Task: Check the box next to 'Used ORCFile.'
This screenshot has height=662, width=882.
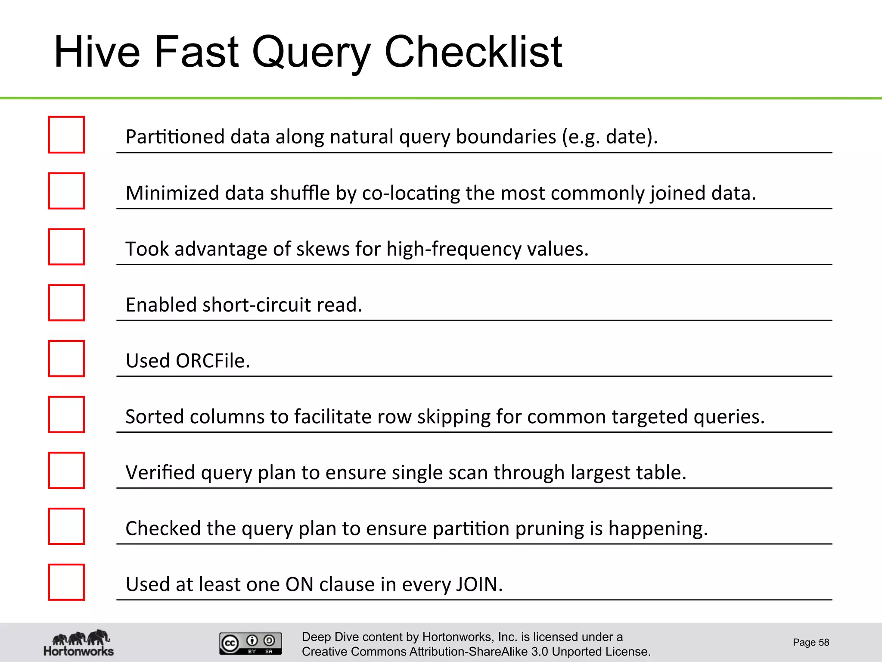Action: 66,359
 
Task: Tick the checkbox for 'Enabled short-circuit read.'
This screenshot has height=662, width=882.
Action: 66,303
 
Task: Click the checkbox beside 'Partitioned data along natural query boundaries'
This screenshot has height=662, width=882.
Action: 66,134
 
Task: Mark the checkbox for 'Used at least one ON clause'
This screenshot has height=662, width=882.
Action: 66,582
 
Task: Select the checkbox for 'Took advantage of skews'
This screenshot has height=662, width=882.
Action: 66,247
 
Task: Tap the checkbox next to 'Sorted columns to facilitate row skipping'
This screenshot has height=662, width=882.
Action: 66,415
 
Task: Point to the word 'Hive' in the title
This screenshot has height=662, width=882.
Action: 97,52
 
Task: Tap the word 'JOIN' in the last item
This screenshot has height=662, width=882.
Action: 478,584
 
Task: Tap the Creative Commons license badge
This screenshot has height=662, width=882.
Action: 251,643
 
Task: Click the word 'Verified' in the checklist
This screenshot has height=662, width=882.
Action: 160,473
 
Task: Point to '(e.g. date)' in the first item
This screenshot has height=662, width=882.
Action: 609,137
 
